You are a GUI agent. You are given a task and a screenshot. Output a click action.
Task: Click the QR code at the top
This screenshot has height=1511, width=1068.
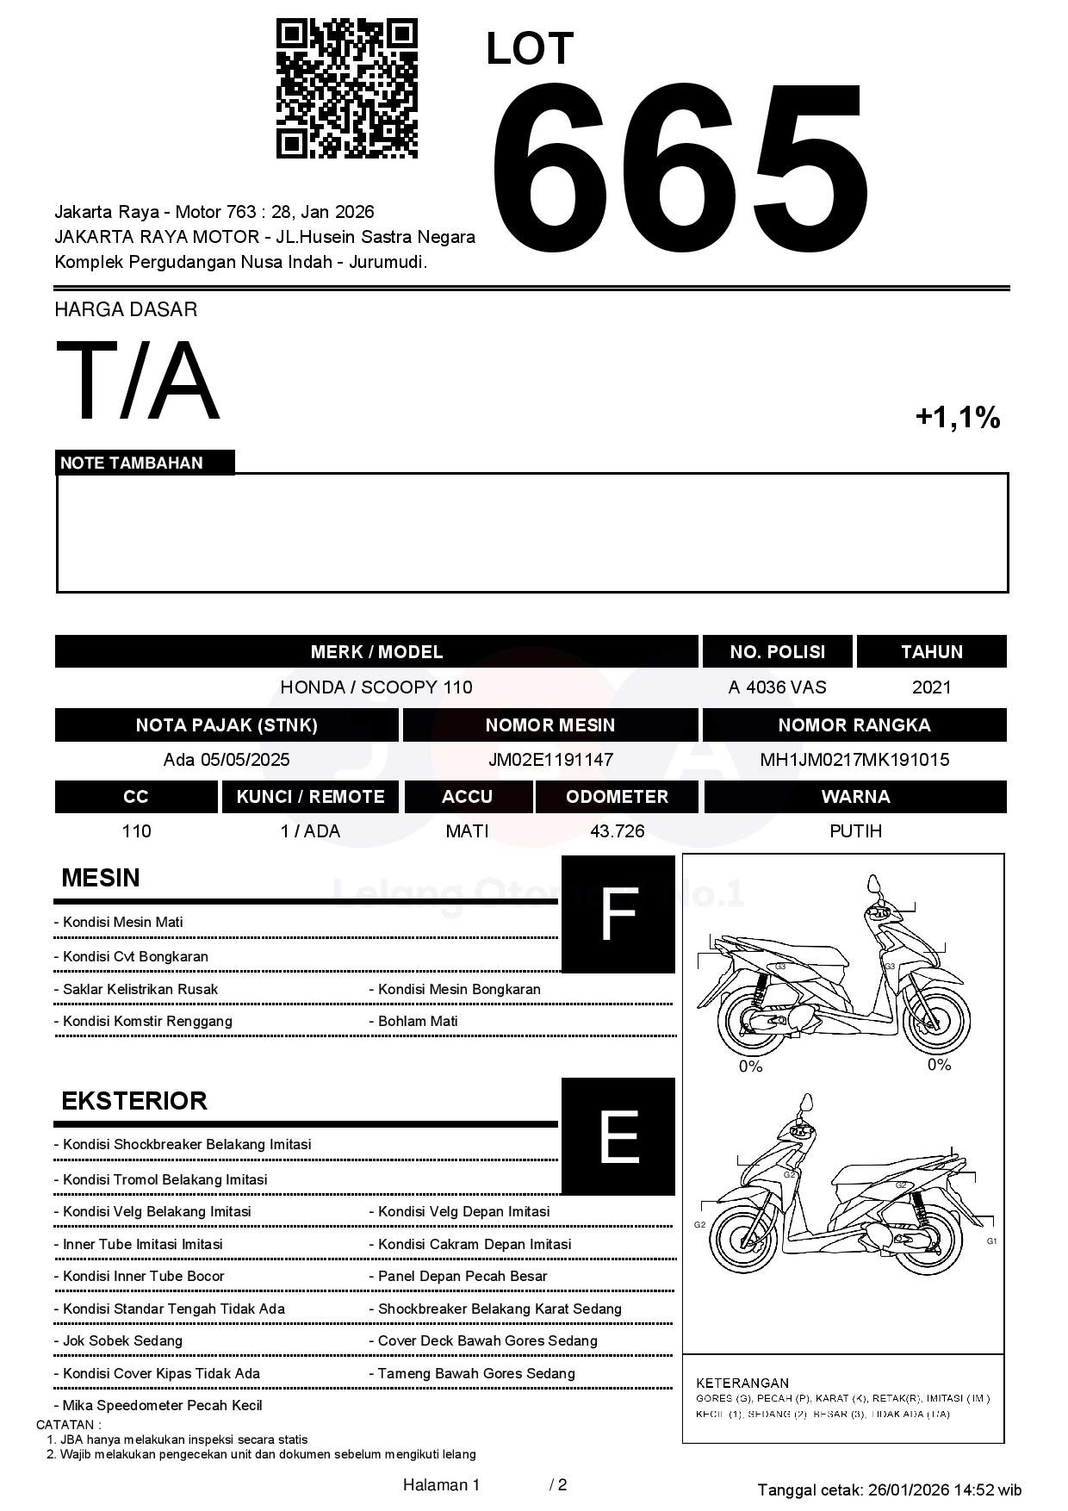pyautogui.click(x=346, y=89)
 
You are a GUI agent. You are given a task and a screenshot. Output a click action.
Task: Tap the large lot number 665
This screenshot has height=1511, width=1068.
pyautogui.click(x=679, y=168)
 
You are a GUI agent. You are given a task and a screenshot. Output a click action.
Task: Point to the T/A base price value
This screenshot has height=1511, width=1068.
pyautogui.click(x=138, y=381)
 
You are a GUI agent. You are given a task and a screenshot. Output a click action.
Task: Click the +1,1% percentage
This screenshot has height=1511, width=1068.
pyautogui.click(x=957, y=418)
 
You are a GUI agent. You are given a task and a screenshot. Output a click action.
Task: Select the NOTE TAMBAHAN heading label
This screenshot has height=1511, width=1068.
pyautogui.click(x=132, y=463)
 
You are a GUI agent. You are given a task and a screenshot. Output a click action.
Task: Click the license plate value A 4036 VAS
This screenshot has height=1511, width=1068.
pyautogui.click(x=777, y=687)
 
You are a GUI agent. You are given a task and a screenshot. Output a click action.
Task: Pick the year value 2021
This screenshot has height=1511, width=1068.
pyautogui.click(x=931, y=687)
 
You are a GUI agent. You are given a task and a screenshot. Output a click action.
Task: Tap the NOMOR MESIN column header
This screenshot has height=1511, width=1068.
pyautogui.click(x=550, y=725)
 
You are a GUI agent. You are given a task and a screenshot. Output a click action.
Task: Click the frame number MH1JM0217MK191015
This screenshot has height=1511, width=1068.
pyautogui.click(x=854, y=760)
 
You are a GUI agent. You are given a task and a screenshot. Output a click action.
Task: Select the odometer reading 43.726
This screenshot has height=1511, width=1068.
pyautogui.click(x=617, y=831)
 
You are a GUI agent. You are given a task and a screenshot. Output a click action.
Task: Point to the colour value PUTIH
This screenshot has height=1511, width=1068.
pyautogui.click(x=855, y=831)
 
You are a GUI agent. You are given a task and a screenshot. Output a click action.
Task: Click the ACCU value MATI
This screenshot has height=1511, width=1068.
pyautogui.click(x=467, y=831)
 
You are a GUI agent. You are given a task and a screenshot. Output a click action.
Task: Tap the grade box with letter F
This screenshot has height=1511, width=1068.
pyautogui.click(x=618, y=914)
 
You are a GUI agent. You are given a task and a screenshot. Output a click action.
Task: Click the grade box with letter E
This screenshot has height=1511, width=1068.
pyautogui.click(x=618, y=1136)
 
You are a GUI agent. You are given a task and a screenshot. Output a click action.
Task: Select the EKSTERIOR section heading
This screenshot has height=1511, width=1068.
pyautogui.click(x=134, y=1101)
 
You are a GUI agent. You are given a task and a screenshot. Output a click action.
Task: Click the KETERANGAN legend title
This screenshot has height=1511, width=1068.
pyautogui.click(x=742, y=1383)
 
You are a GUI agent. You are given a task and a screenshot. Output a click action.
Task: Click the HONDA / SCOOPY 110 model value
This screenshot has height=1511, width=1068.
pyautogui.click(x=376, y=687)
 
